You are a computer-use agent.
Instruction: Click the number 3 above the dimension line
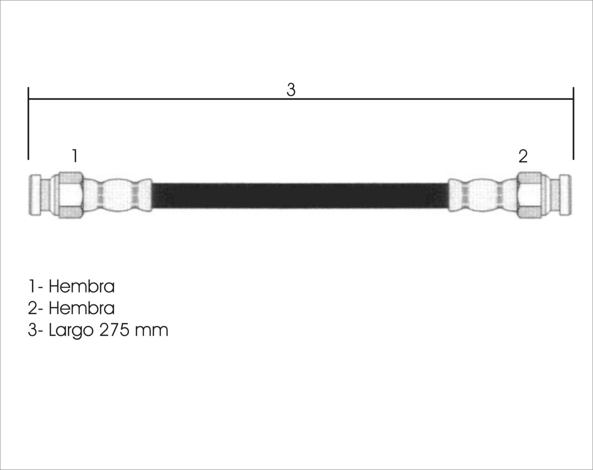pyautogui.click(x=291, y=90)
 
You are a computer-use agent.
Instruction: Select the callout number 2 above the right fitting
pyautogui.click(x=523, y=156)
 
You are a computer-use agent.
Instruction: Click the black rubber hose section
pyautogui.click(x=300, y=195)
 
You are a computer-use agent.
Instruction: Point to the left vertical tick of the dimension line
pyautogui.click(x=28, y=123)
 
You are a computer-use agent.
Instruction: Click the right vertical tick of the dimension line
pyautogui.click(x=573, y=123)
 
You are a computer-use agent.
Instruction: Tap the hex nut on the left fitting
pyautogui.click(x=71, y=195)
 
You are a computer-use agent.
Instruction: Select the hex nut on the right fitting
pyautogui.click(x=529, y=195)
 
